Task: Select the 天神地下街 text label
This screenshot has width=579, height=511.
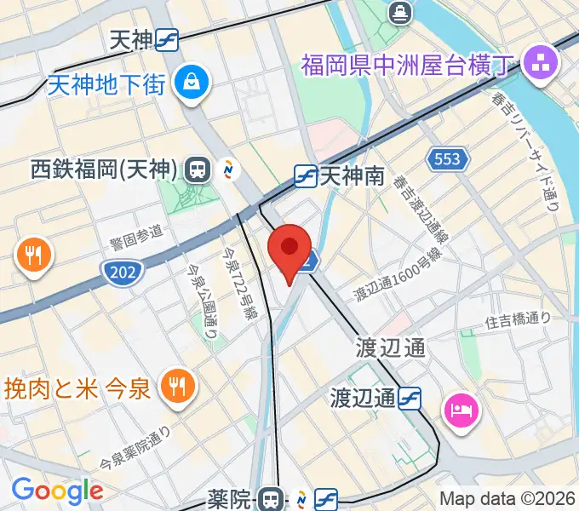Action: (x=106, y=83)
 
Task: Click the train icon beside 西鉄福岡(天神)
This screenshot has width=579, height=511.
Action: (x=198, y=169)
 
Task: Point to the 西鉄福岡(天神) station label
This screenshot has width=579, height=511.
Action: (x=103, y=170)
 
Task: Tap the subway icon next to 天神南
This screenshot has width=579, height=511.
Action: (x=306, y=176)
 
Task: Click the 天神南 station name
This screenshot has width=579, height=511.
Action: (x=353, y=176)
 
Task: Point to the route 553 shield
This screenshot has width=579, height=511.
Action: (x=447, y=158)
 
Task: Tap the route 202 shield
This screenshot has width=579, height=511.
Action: (x=122, y=273)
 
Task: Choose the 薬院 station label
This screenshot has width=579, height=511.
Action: (x=232, y=497)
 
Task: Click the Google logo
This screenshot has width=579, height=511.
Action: (x=57, y=490)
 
